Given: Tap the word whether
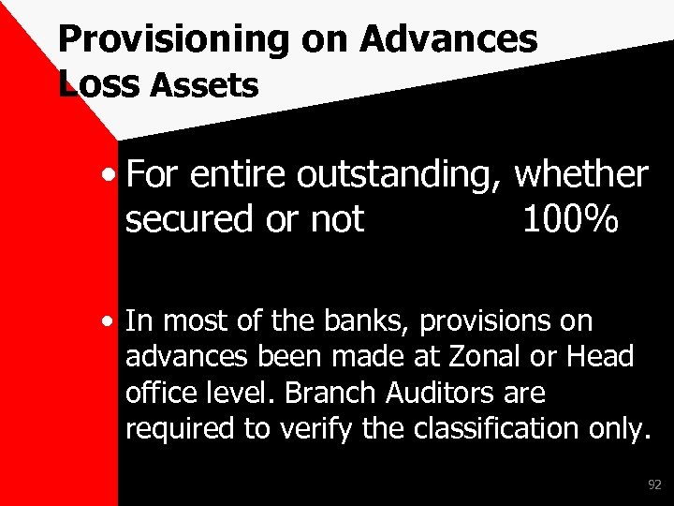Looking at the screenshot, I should point(581,174).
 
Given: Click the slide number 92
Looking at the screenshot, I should point(654,484).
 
